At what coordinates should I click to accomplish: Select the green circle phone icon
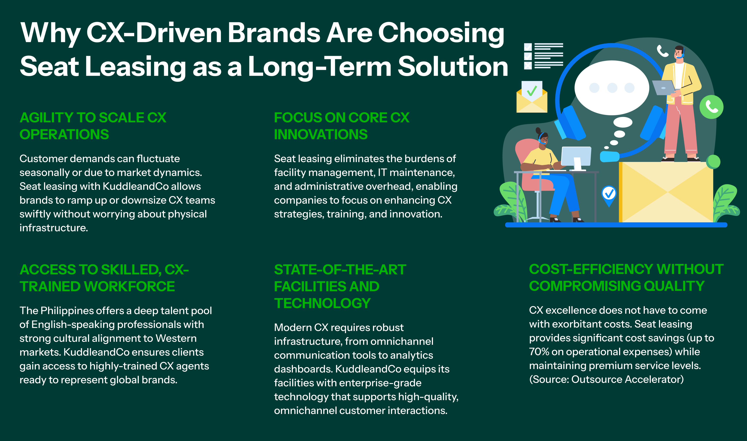click(x=711, y=107)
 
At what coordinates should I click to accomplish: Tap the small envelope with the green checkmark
click(x=532, y=97)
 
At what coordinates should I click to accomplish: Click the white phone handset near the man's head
click(x=662, y=51)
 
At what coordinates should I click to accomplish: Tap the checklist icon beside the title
click(x=543, y=56)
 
